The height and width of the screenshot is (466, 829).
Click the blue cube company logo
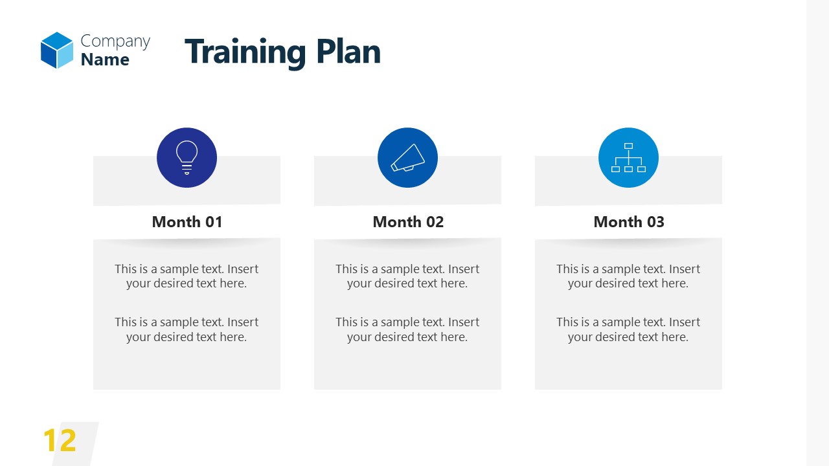click(x=57, y=50)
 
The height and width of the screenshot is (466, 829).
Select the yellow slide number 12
click(x=60, y=441)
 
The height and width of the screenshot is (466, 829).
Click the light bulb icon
click(x=187, y=157)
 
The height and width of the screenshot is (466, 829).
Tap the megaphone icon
click(x=407, y=157)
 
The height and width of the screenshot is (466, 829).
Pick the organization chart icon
click(x=628, y=157)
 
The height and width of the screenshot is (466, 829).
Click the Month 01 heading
click(x=187, y=222)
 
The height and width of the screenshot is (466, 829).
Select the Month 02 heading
click(x=408, y=222)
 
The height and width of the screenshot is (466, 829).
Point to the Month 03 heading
click(x=629, y=222)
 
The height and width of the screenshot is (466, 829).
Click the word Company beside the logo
click(x=115, y=41)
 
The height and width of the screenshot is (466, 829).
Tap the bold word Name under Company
click(x=105, y=60)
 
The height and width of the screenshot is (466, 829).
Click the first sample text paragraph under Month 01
click(x=187, y=276)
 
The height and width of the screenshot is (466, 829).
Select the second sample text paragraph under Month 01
click(x=187, y=329)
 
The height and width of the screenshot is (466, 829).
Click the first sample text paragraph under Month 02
click(x=407, y=276)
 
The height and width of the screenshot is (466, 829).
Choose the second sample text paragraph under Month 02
click(x=407, y=329)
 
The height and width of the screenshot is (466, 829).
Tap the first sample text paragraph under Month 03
click(x=628, y=276)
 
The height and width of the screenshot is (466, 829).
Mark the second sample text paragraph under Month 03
click(x=628, y=329)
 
